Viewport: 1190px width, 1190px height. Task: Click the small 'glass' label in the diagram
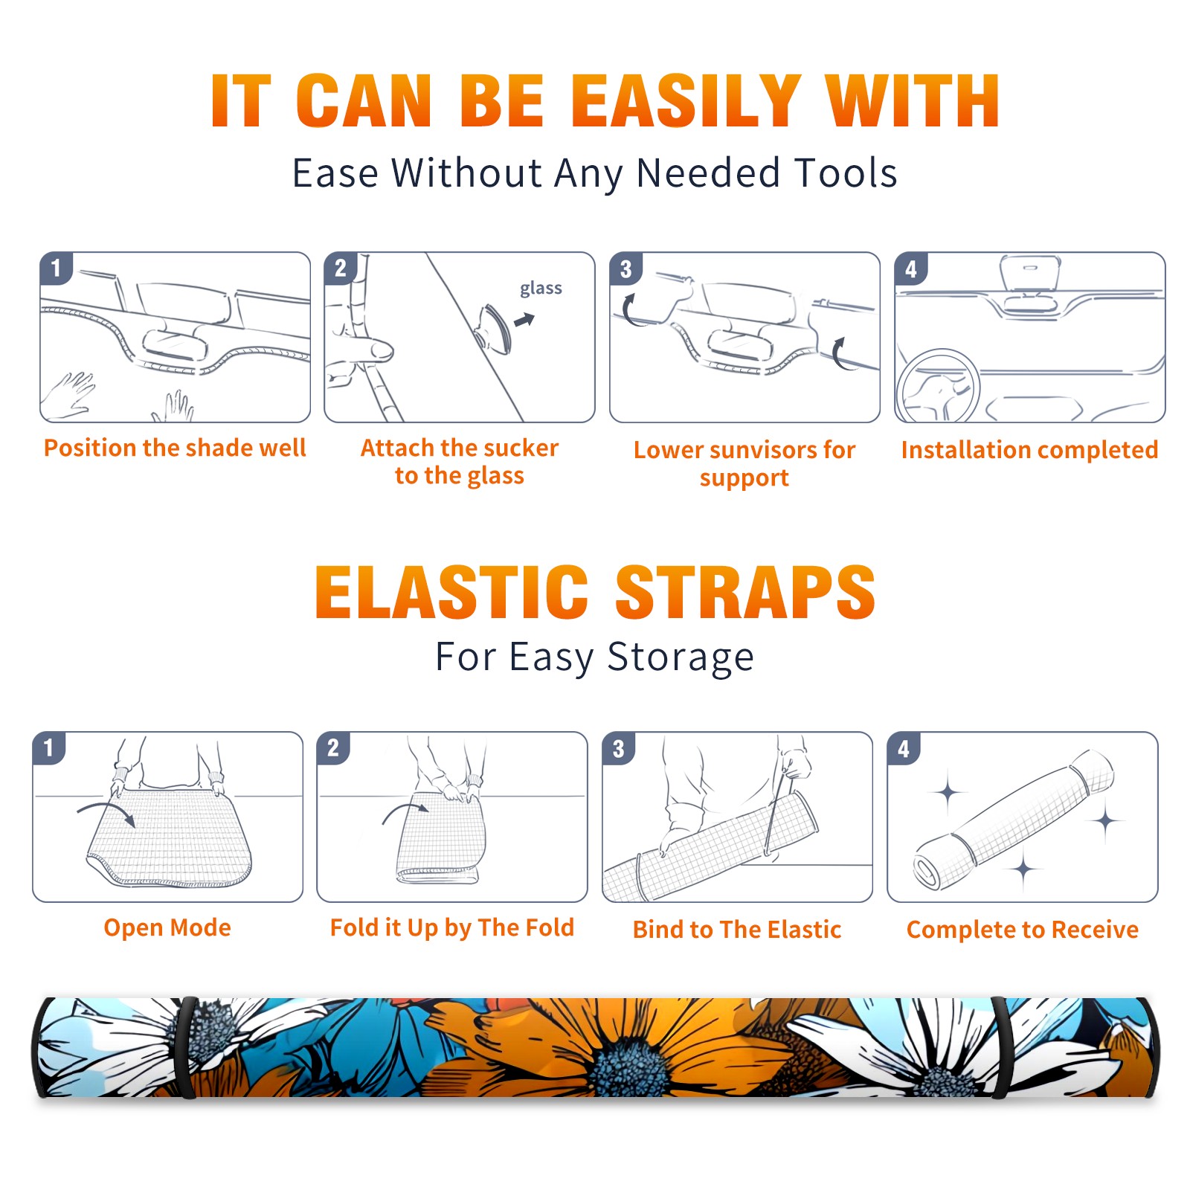click(x=541, y=289)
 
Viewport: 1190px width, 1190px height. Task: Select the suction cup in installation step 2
click(x=495, y=328)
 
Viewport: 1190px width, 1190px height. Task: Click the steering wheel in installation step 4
click(x=937, y=387)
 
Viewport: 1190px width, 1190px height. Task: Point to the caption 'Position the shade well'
click(x=175, y=448)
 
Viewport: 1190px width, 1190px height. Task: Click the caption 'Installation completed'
click(x=1029, y=450)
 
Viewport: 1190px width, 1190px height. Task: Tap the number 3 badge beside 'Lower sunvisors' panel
click(x=625, y=269)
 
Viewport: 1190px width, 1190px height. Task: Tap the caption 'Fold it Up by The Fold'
click(x=452, y=928)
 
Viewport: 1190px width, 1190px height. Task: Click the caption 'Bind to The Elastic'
click(x=737, y=930)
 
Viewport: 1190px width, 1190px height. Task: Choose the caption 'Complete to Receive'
click(x=1023, y=930)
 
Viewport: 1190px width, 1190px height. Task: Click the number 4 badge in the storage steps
click(x=904, y=749)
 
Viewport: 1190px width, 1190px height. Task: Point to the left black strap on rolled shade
click(x=187, y=1047)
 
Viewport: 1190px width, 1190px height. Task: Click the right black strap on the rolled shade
click(x=1001, y=1047)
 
